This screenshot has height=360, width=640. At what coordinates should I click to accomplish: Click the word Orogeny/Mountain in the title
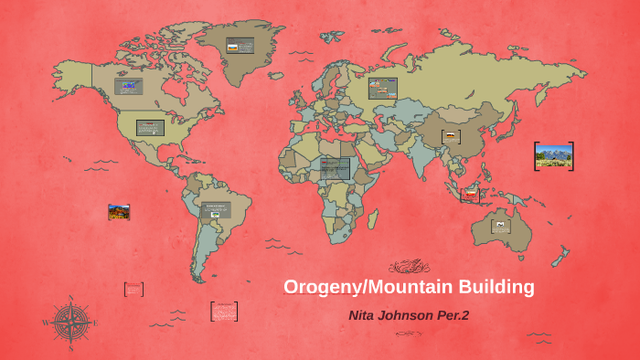click(x=358, y=287)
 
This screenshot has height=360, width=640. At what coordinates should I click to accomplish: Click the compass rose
click(x=69, y=323)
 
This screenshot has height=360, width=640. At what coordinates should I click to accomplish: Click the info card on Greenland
click(x=240, y=46)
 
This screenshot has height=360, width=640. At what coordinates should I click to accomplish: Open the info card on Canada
click(x=129, y=87)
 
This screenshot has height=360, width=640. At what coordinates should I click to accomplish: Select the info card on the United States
click(x=150, y=127)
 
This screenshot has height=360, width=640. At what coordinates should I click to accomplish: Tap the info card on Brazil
click(x=217, y=209)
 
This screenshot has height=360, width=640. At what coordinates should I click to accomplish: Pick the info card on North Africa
click(x=335, y=169)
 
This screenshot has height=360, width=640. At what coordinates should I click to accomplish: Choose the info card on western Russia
click(x=382, y=88)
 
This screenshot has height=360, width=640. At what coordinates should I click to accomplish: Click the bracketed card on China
click(x=450, y=137)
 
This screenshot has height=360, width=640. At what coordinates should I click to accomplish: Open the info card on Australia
click(x=501, y=225)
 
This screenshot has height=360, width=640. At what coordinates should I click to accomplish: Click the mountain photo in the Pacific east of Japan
click(x=553, y=156)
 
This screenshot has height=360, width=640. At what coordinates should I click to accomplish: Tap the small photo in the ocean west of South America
click(x=119, y=212)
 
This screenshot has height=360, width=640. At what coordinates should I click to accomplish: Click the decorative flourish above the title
click(x=409, y=267)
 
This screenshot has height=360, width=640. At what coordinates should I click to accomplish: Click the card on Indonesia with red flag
click(x=470, y=194)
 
